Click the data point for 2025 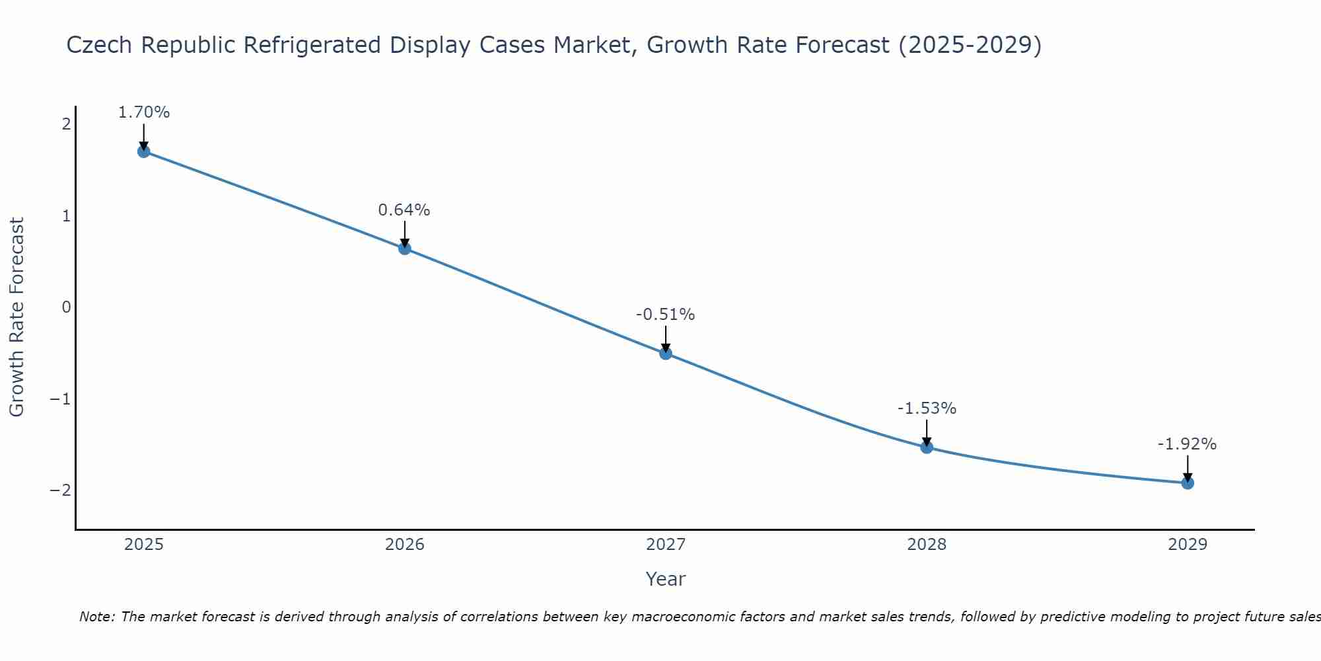pos(143,151)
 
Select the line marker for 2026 pos(405,249)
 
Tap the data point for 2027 pos(666,354)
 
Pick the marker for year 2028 pos(927,447)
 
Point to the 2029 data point pos(1188,483)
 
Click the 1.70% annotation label pos(143,112)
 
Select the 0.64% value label pos(404,210)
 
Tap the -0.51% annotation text pos(665,315)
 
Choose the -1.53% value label pos(927,408)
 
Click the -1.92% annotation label pos(1187,444)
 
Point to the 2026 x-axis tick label pos(405,545)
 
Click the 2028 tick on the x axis pos(927,545)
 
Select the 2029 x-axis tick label pos(1188,545)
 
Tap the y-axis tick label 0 pos(66,307)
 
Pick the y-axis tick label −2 pos(61,490)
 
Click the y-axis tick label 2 pos(66,124)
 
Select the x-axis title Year pos(665,579)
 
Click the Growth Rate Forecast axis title pos(17,317)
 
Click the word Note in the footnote pos(96,617)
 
